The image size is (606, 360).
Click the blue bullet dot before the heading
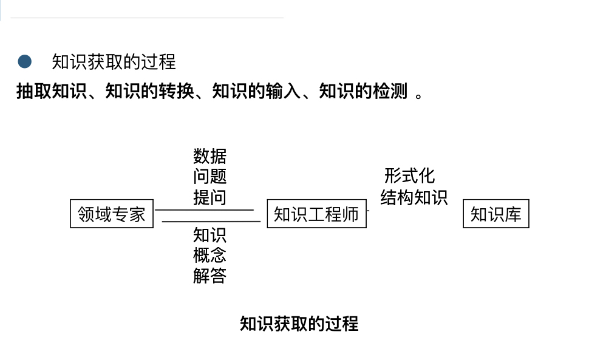pos(25,61)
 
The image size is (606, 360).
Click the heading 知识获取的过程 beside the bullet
pos(114,61)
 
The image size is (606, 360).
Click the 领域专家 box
pos(112,214)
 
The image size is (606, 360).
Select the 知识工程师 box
pos(316,214)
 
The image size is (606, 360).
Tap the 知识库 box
pos(495,214)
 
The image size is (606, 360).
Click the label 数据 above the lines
pos(209,156)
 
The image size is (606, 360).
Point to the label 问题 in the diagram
pos(209,177)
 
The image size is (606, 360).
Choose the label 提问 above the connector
pos(209,197)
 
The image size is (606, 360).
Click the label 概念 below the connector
pos(209,256)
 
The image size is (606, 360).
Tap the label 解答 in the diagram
pos(209,276)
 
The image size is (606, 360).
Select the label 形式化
pos(410,176)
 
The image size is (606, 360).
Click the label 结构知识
pos(414,197)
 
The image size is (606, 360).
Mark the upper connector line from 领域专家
pos(204,210)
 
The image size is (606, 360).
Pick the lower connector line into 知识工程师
pos(211,222)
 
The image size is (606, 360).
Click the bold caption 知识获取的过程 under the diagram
pos(299,324)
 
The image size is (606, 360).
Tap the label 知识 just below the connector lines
pos(209,235)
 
